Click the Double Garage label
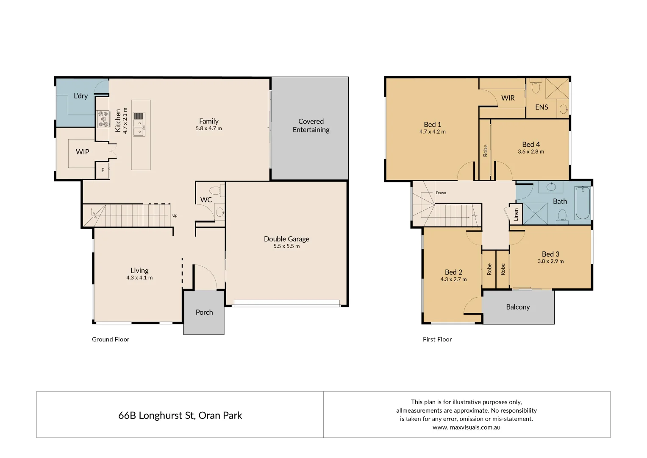coord(286,239)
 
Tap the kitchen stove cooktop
coord(103,119)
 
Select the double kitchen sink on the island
coord(139,128)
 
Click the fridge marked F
coord(103,170)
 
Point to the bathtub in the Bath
coord(583,203)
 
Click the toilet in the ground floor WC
coord(215,190)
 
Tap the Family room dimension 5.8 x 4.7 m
coord(208,128)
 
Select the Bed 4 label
coord(530,144)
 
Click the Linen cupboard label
coord(516,215)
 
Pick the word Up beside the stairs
coord(175,215)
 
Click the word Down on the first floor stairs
coord(441,193)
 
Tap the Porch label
coord(204,312)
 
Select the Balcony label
coord(518,307)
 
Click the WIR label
coord(508,98)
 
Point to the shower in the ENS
coord(557,89)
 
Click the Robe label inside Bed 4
coord(485,151)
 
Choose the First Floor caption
coord(437,339)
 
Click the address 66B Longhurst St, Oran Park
coord(180,415)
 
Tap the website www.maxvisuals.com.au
coord(466,427)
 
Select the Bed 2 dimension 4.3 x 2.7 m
coord(453,279)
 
